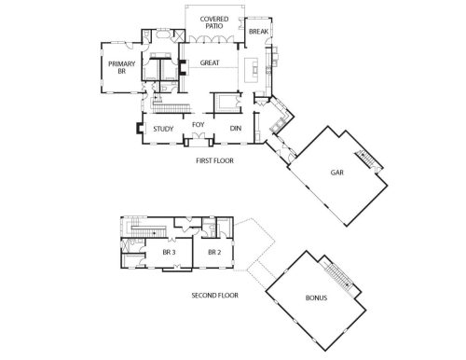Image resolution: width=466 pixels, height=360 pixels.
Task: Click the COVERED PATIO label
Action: tap(214, 22)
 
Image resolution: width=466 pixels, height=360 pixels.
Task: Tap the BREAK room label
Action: tap(258, 32)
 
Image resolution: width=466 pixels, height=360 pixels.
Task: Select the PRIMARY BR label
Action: tap(121, 67)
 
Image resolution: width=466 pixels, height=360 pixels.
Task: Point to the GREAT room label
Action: tap(210, 62)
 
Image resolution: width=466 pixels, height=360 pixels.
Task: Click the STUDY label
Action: tap(163, 129)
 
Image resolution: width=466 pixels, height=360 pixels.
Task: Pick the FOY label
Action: tap(199, 125)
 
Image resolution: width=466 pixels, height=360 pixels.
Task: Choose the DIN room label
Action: tap(236, 128)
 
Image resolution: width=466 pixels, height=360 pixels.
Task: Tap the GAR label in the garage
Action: tap(337, 173)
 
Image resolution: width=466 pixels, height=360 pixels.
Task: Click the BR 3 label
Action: tap(169, 252)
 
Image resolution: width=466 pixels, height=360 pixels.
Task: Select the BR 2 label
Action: tap(214, 252)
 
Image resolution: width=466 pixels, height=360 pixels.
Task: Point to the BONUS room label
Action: tap(316, 298)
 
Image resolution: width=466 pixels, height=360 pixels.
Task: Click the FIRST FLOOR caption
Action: tap(214, 160)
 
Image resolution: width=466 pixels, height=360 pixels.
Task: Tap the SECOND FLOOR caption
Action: tap(214, 296)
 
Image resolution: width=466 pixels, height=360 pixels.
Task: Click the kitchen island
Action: tap(252, 70)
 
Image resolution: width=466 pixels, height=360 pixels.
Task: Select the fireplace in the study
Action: tap(139, 129)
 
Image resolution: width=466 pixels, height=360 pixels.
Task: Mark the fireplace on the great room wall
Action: tap(182, 68)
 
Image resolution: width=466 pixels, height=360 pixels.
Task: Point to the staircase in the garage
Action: tap(369, 159)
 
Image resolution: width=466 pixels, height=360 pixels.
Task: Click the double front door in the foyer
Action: tap(199, 136)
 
